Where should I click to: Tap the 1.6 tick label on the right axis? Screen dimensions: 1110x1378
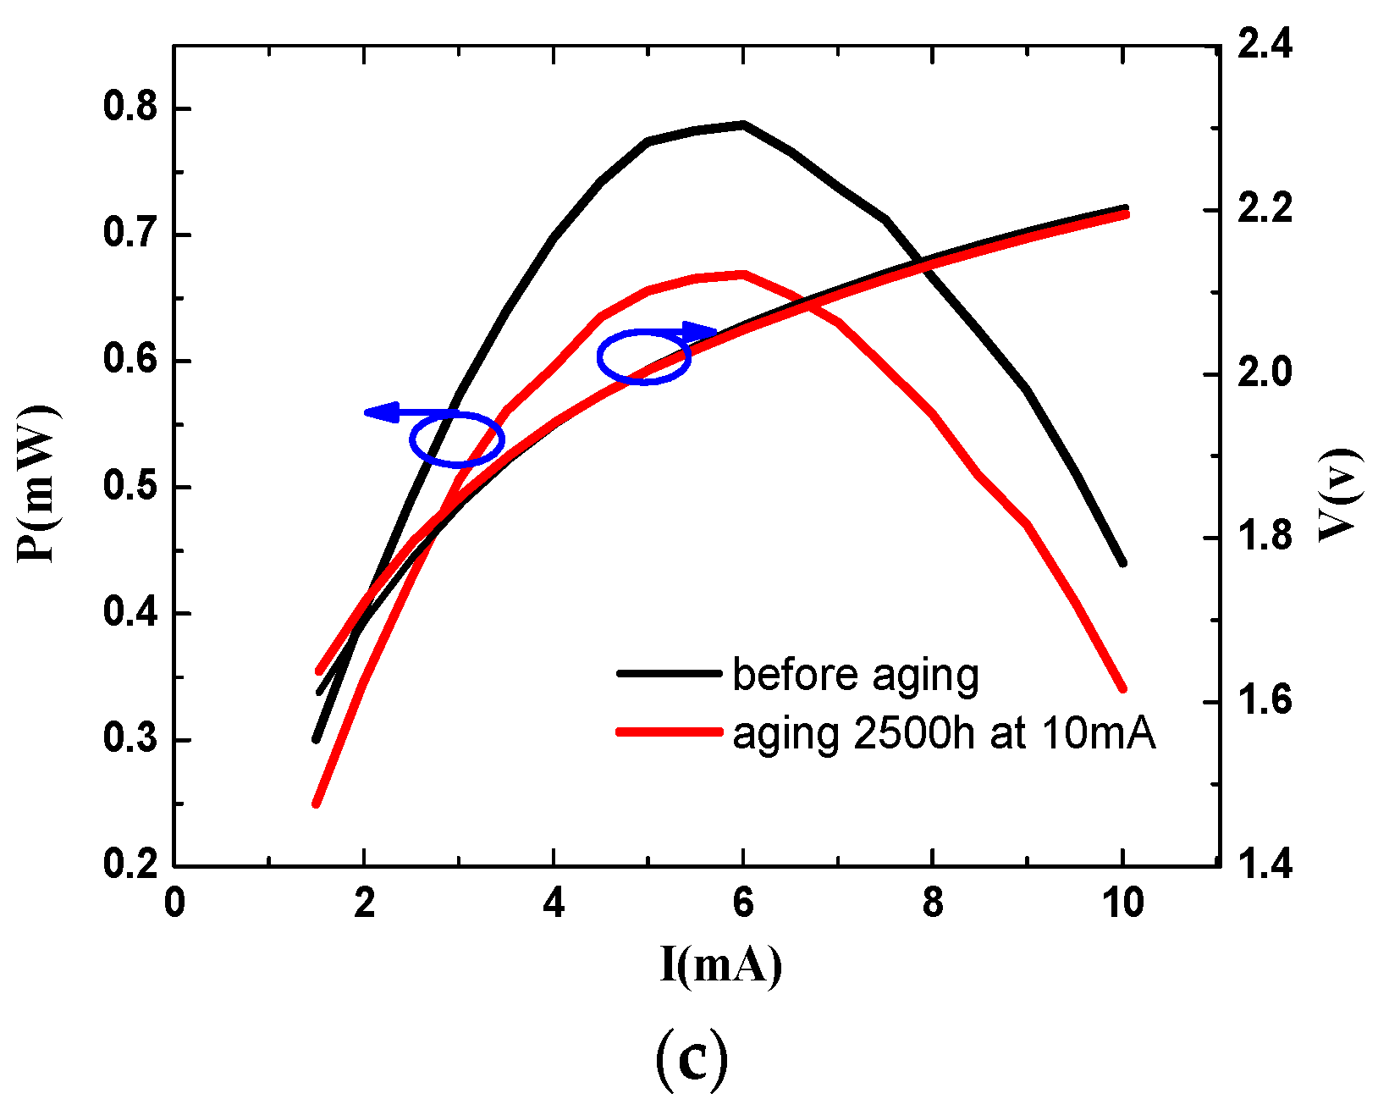[x=1265, y=701]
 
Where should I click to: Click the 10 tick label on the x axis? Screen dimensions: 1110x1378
[x=1122, y=903]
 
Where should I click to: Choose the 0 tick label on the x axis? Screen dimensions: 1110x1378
[x=174, y=903]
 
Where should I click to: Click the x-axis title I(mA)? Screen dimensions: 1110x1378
[x=720, y=964]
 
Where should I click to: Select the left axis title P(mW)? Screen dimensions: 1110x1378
[x=37, y=484]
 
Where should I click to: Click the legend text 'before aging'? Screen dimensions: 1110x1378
[x=855, y=675]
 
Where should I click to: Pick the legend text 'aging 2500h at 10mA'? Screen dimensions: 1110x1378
[x=944, y=733]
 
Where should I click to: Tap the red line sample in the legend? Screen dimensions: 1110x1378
[x=669, y=732]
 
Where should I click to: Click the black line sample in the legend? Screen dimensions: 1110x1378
[x=669, y=673]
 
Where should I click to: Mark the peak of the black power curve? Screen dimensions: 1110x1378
[x=742, y=124]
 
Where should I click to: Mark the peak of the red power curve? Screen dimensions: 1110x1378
[x=742, y=273]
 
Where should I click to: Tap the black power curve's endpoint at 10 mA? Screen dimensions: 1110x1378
[x=1122, y=562]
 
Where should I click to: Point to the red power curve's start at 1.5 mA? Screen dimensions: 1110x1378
[x=316, y=804]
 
